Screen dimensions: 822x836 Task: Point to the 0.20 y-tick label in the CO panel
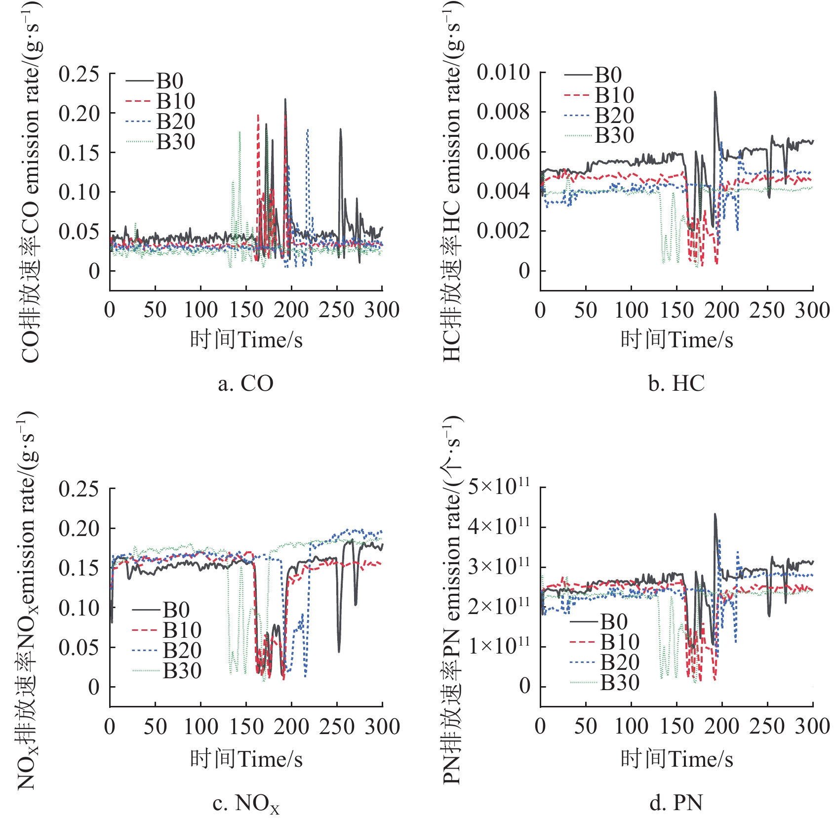(79, 113)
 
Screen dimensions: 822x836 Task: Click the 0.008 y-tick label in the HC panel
(503, 112)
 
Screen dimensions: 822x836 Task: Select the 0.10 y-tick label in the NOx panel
(79, 608)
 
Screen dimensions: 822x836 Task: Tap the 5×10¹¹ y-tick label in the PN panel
(499, 487)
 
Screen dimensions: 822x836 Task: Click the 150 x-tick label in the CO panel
(246, 310)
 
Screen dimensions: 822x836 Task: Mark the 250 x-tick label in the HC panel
(767, 310)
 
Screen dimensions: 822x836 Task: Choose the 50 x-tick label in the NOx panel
(155, 727)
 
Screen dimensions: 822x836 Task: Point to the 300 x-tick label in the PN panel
(812, 727)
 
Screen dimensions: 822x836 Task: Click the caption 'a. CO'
(245, 383)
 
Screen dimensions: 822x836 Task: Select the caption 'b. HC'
(676, 383)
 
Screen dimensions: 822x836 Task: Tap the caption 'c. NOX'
(245, 804)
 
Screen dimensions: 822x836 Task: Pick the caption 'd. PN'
(676, 803)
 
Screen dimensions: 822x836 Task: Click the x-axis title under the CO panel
(246, 340)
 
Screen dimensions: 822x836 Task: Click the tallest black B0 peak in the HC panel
(715, 92)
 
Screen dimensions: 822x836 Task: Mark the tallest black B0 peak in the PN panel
(715, 515)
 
